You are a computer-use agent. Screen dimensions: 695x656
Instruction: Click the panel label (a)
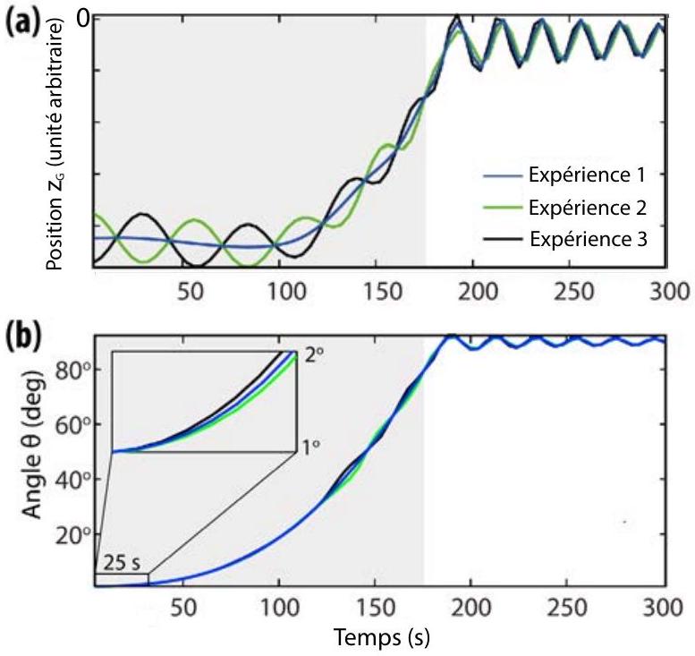(22, 22)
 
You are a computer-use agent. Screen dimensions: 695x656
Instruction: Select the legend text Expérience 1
(588, 175)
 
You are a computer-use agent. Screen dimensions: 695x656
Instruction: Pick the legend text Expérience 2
(588, 208)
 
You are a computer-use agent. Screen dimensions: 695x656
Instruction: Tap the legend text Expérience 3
(589, 240)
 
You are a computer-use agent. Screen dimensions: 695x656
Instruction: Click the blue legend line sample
(502, 176)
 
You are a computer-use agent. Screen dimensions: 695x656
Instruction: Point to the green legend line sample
(502, 207)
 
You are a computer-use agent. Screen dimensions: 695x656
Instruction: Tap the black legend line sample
(502, 239)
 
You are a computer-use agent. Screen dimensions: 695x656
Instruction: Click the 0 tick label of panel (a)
(84, 20)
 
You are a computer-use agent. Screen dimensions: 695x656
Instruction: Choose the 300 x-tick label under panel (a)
(669, 293)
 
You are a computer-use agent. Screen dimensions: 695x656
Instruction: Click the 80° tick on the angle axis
(73, 369)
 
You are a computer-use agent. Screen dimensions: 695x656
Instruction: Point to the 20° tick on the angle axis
(73, 534)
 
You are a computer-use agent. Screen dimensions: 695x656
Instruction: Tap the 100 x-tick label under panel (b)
(279, 607)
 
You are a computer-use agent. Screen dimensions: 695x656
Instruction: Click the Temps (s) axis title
(382, 638)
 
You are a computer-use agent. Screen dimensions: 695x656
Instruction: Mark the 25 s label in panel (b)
(122, 563)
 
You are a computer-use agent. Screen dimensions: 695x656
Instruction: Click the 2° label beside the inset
(314, 355)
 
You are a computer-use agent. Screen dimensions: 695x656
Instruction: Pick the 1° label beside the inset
(310, 448)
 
